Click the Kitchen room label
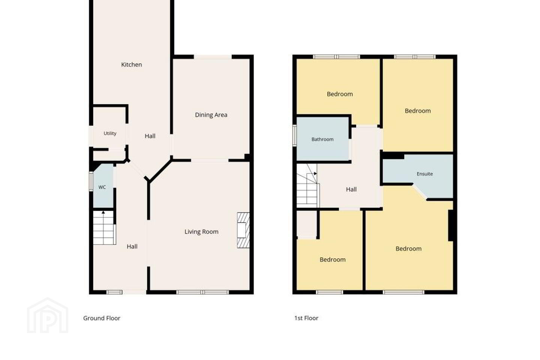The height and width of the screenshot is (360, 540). (131, 64)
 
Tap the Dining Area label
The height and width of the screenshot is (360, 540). (211, 115)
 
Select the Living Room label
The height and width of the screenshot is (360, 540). (201, 232)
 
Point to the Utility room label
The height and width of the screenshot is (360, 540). (110, 133)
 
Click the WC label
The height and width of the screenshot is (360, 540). (102, 187)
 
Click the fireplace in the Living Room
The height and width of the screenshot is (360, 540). (243, 230)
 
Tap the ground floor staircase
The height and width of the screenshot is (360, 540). (104, 228)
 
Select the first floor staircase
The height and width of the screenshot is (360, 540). (307, 186)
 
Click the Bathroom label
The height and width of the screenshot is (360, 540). (322, 139)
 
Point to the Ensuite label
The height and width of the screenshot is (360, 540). (424, 174)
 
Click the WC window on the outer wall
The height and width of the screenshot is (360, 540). (91, 181)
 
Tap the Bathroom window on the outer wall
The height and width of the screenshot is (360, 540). (294, 135)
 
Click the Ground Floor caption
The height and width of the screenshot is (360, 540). (102, 318)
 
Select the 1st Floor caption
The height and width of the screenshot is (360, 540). (306, 318)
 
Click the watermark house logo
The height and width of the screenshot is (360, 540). (48, 315)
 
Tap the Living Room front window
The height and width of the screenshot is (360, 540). (202, 292)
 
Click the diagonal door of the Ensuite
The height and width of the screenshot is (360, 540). (420, 192)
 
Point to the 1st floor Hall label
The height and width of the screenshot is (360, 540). (351, 189)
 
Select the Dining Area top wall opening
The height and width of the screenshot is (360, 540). (213, 57)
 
